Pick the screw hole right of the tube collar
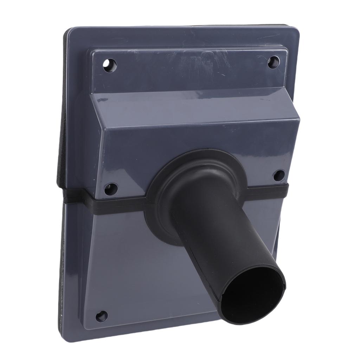coord(279,175)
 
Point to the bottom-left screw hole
coord(102,316)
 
